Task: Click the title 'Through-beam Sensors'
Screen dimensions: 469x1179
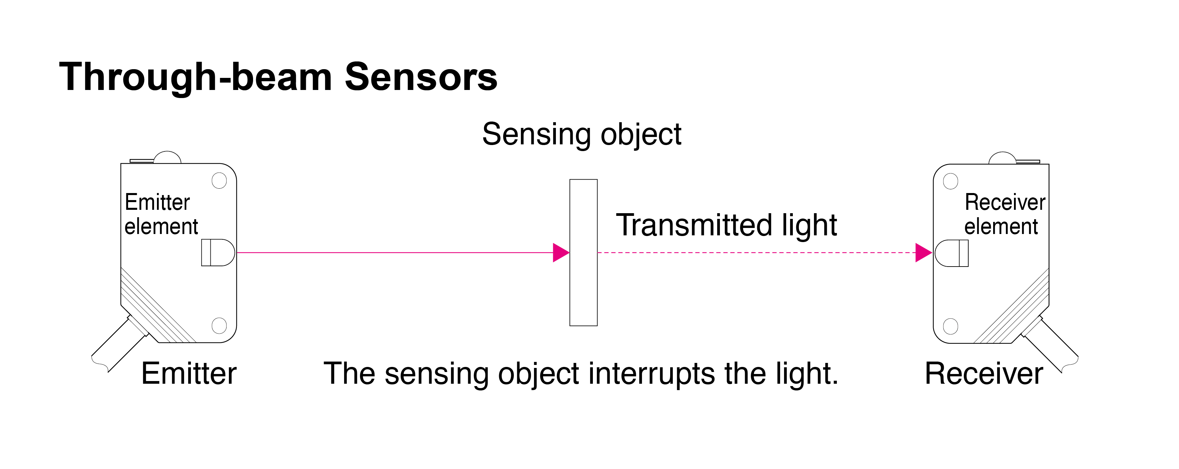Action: point(278,77)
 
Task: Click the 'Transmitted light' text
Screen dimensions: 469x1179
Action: point(726,225)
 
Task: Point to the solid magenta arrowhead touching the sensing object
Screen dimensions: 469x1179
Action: point(560,252)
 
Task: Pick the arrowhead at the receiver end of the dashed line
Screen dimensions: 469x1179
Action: point(923,252)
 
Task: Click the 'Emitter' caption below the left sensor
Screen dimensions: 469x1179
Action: point(189,373)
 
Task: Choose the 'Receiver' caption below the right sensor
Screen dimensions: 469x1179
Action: point(984,373)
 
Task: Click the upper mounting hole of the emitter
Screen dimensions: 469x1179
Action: point(219,181)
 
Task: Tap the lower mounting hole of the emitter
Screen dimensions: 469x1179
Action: point(219,325)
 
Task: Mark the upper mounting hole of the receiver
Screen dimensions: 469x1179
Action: point(950,181)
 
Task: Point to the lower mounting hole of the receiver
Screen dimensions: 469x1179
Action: point(950,326)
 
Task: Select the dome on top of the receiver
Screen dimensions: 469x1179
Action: point(1002,158)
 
